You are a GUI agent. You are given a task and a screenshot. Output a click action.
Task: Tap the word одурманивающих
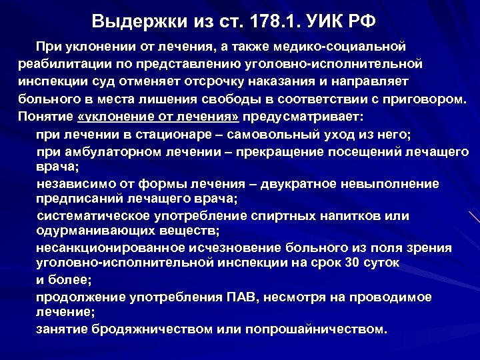[91, 231]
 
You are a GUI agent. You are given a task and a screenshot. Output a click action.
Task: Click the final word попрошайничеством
[315, 329]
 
